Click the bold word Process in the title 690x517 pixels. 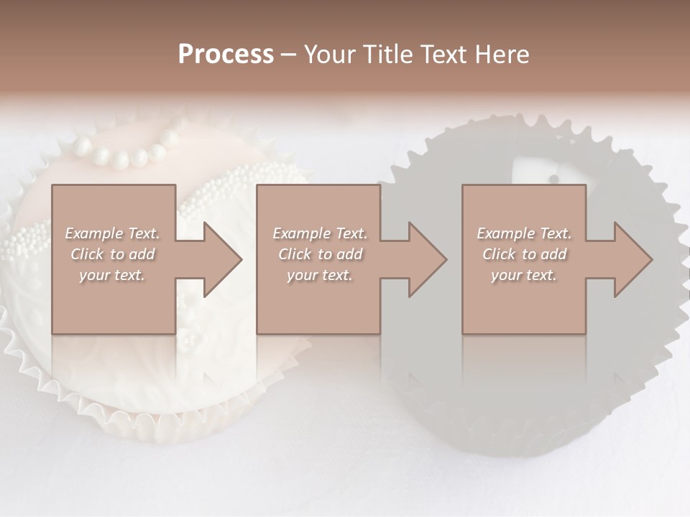click(x=226, y=55)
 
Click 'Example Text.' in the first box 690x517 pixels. click(x=112, y=233)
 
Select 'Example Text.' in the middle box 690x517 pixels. click(x=320, y=233)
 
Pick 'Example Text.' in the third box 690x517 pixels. click(x=524, y=233)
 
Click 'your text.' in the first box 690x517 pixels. click(x=112, y=275)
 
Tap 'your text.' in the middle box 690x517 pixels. click(x=320, y=275)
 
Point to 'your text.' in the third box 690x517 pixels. click(x=524, y=275)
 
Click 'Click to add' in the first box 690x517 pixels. click(x=112, y=254)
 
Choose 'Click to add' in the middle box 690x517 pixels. click(x=320, y=254)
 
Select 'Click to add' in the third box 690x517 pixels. click(x=524, y=254)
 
